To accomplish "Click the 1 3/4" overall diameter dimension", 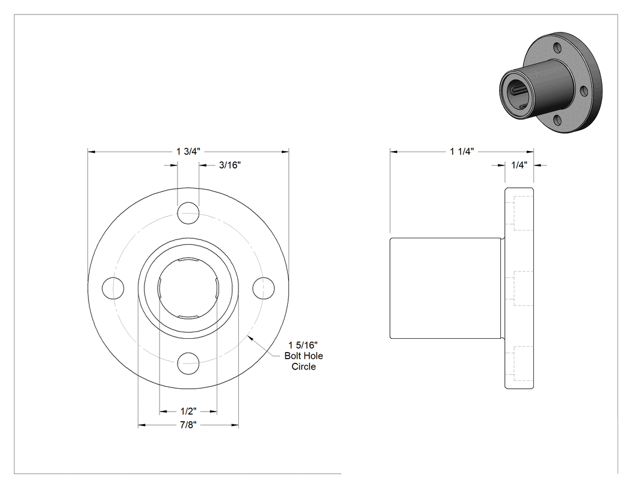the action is [188, 152].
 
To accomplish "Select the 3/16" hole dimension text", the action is [230, 165].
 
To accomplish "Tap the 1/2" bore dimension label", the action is [188, 412].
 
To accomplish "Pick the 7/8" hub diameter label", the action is [188, 425].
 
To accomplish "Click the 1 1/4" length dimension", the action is [462, 152].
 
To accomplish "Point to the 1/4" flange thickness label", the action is [519, 165].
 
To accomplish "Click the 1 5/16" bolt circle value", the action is [303, 345].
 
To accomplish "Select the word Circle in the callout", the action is [303, 366].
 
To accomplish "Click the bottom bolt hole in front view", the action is [188, 363].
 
